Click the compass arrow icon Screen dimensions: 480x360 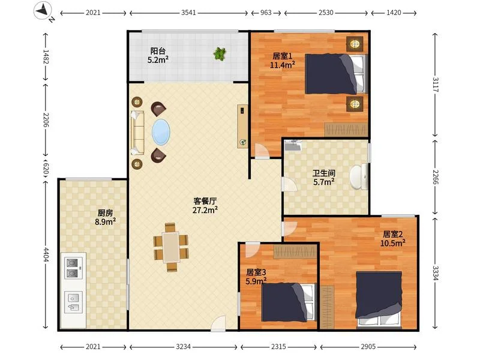[x=43, y=11]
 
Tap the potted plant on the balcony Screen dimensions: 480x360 [x=220, y=54]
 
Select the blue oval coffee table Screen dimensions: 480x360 [x=161, y=132]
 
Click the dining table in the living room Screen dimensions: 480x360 [x=171, y=247]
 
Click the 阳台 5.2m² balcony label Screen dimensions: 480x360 [x=158, y=55]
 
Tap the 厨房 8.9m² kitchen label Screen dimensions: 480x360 [x=105, y=217]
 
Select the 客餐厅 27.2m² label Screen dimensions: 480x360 [x=205, y=205]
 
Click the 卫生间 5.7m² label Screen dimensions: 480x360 [x=323, y=178]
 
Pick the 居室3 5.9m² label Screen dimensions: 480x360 [x=256, y=277]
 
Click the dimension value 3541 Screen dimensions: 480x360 [x=188, y=13]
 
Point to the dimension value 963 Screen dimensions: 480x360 [x=266, y=13]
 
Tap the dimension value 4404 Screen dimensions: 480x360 [x=46, y=254]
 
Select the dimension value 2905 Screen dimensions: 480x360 [x=368, y=347]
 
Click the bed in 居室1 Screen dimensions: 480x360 [x=335, y=74]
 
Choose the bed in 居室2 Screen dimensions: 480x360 [x=379, y=299]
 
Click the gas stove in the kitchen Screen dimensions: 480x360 [x=73, y=268]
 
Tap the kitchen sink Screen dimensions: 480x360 [x=73, y=302]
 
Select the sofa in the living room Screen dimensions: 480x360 [x=137, y=133]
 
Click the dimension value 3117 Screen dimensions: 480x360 [x=435, y=85]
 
